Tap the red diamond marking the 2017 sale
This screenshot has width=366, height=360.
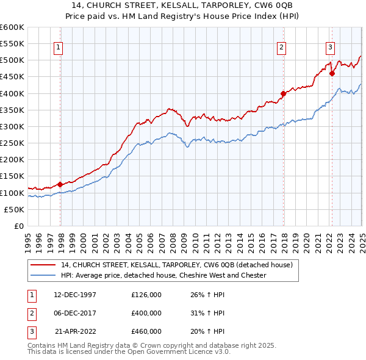coord(284,94)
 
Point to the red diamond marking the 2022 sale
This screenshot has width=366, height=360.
coord(332,74)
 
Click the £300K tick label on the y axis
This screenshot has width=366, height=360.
coord(12,126)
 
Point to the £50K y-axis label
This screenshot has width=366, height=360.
coord(14,209)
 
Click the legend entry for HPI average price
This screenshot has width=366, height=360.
coord(163,275)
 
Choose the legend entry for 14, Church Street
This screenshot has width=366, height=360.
coord(177,265)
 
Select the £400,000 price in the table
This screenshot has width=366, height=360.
coord(146,313)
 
